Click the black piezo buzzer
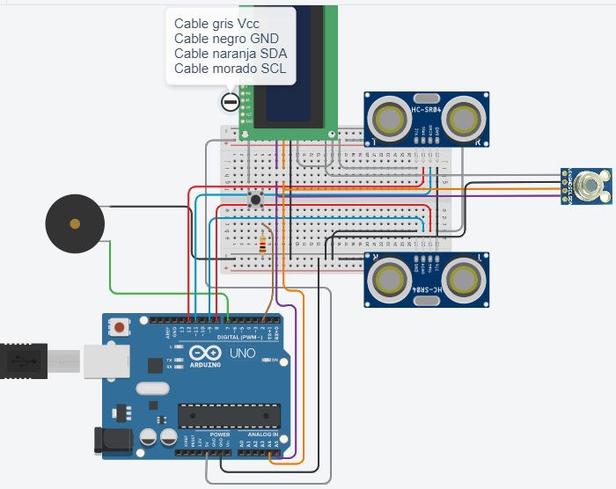[74, 225]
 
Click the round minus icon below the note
[231, 102]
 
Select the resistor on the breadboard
[263, 241]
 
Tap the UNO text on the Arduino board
[243, 354]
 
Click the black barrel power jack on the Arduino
[112, 441]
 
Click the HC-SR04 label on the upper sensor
[427, 109]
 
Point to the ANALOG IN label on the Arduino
[263, 435]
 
